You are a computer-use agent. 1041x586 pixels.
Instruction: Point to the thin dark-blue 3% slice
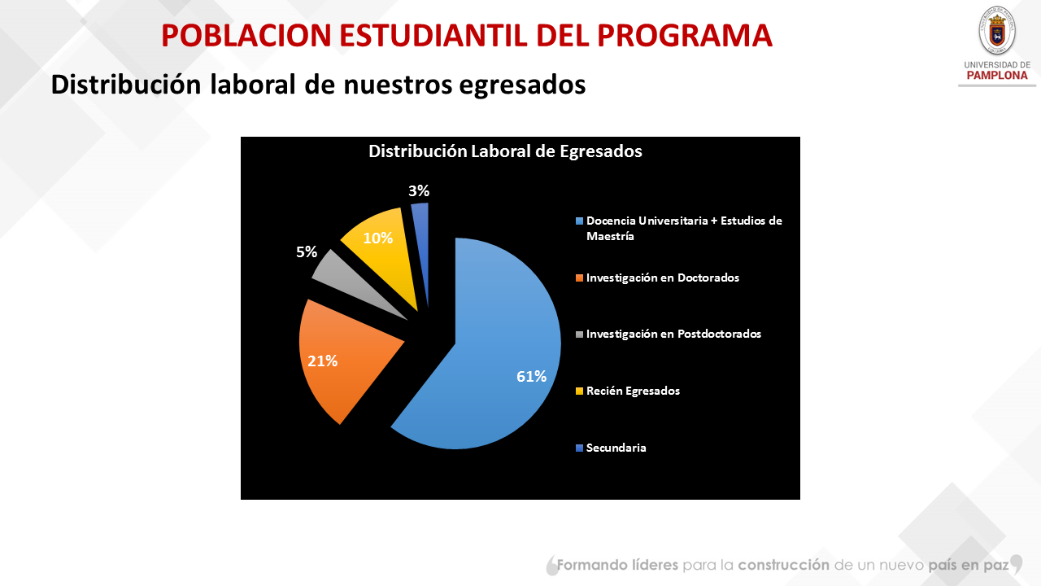coord(421,244)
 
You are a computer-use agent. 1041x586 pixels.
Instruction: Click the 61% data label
coord(531,376)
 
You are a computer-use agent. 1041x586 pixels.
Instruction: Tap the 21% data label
coord(322,361)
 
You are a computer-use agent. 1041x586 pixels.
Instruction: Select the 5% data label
coord(307,252)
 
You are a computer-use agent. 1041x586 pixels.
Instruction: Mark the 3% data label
coord(419,191)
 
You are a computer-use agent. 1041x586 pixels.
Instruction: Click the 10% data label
coord(378,238)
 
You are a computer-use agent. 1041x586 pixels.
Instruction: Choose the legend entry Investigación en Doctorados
coord(662,278)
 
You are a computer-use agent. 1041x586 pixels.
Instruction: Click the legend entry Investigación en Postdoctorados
coord(673,334)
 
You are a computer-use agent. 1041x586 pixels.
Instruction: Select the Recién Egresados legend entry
coord(633,391)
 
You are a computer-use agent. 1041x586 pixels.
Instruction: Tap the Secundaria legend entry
coord(616,448)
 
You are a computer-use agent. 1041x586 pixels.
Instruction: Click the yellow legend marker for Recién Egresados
coord(579,391)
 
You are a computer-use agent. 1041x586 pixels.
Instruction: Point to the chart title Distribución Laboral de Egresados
coord(505,151)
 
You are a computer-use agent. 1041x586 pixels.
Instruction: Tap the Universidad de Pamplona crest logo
coord(996,32)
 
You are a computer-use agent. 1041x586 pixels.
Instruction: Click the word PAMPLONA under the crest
coord(996,76)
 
